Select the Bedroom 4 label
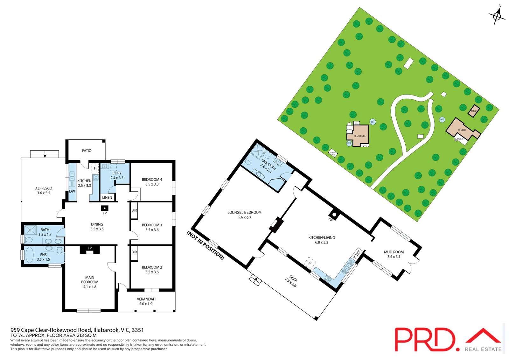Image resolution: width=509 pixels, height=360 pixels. (x=152, y=180)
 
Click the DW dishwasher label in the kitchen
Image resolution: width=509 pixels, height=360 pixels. (x=72, y=191)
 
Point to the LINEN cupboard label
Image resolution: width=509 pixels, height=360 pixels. (x=107, y=197)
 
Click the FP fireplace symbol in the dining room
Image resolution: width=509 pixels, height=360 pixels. (x=104, y=208)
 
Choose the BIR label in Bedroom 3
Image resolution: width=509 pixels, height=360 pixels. (x=134, y=210)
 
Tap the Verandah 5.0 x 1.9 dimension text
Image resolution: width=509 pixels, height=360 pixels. (x=146, y=304)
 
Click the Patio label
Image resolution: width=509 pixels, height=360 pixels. (x=87, y=151)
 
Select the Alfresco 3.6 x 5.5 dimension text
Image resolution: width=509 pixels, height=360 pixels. (x=44, y=193)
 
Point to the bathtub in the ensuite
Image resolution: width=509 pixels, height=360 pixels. (x=29, y=255)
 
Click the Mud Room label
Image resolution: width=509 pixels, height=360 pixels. (x=394, y=252)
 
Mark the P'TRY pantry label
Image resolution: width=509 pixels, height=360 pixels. (x=357, y=254)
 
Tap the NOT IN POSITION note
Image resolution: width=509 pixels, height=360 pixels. (x=205, y=245)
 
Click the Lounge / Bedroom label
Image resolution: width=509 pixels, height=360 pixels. (x=244, y=212)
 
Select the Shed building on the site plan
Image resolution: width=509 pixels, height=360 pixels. (x=474, y=111)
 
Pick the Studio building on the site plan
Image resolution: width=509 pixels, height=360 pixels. (x=462, y=130)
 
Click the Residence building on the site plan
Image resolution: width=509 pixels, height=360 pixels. (x=360, y=136)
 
